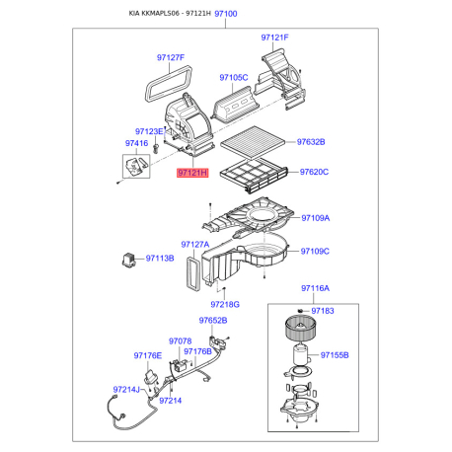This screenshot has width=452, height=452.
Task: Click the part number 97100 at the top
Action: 226,14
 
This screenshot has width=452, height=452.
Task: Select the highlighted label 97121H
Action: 192,173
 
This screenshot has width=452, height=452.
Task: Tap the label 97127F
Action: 171,57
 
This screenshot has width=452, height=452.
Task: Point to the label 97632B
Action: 311,142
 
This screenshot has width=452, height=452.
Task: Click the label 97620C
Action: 314,172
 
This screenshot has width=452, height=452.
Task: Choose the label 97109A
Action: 316,218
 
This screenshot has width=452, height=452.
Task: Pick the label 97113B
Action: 160,259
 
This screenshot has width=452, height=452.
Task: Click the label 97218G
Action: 225,305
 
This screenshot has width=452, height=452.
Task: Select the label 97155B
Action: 335,355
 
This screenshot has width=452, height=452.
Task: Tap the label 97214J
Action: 126,390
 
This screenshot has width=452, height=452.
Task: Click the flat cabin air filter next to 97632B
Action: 253,142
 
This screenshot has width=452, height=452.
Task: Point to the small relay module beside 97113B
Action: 128,260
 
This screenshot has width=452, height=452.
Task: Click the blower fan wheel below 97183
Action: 300,328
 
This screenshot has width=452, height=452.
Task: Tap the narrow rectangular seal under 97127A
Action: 193,274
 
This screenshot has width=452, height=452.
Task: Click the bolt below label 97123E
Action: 156,148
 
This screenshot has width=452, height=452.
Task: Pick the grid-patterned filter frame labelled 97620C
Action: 254,176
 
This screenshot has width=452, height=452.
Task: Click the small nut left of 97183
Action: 300,311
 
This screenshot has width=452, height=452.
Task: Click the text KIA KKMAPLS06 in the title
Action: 154,14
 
